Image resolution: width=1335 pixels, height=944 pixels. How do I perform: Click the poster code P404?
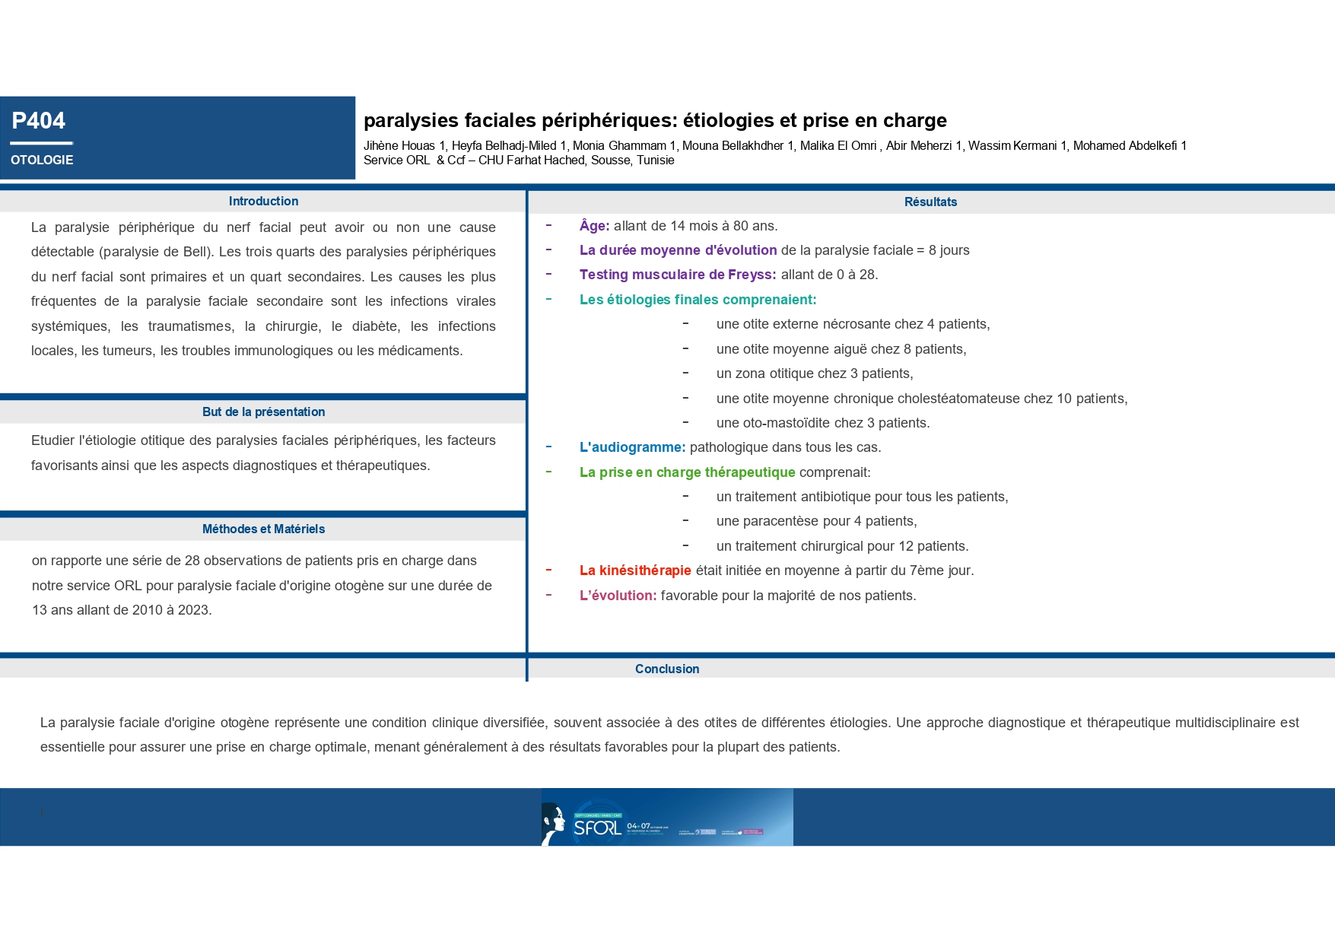click(38, 121)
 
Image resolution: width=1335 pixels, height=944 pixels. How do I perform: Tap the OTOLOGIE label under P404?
click(42, 160)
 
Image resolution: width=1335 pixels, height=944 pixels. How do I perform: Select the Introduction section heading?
click(263, 201)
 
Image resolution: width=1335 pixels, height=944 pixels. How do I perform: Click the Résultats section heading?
click(930, 202)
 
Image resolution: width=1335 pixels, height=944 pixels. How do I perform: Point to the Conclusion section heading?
click(667, 669)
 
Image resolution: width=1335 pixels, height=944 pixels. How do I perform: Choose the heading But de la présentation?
click(263, 412)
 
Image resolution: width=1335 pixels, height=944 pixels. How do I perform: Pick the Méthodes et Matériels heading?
click(263, 529)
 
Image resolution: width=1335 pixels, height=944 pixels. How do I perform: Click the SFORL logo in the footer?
click(597, 827)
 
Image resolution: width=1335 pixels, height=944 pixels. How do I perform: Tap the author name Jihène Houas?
click(399, 146)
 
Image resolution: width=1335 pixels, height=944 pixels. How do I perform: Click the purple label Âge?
click(594, 226)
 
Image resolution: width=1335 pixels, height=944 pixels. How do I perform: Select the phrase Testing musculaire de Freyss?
click(678, 275)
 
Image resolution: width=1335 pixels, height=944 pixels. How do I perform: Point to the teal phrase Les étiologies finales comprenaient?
click(698, 300)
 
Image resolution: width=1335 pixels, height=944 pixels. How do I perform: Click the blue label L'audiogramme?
click(632, 447)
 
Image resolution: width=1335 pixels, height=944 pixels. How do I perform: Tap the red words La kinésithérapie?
click(635, 571)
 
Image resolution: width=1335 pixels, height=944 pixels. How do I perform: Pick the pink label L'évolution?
click(618, 596)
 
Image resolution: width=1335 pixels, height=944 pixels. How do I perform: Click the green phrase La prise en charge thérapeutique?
click(687, 472)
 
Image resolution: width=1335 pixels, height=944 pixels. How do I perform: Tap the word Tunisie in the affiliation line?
click(655, 161)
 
